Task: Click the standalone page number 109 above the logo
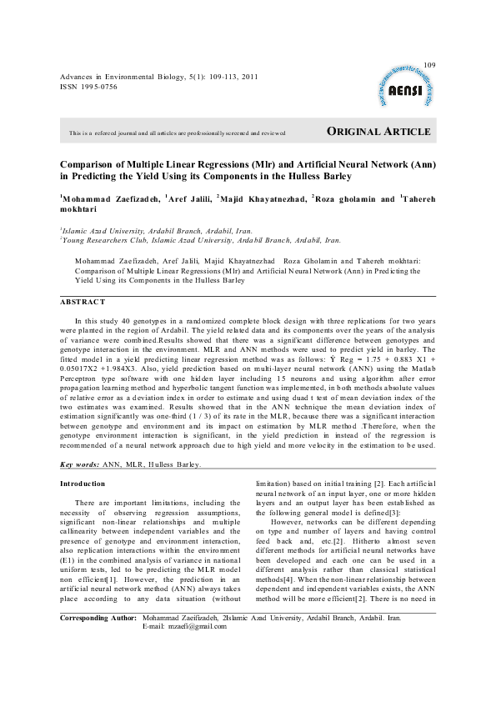430,65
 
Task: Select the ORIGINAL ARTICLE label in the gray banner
378,132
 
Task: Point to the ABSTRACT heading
83,302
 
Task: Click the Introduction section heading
83,484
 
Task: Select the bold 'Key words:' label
80,464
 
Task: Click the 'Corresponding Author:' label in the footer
100,619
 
